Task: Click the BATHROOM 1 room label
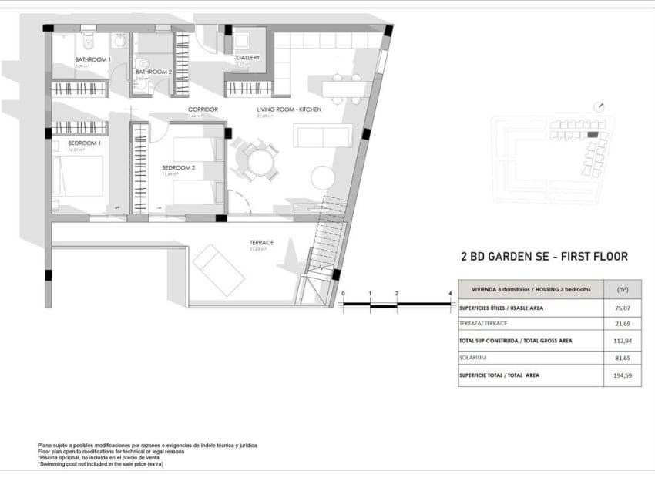[92, 59]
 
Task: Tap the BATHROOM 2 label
[153, 72]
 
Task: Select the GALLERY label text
[247, 58]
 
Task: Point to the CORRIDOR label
[203, 109]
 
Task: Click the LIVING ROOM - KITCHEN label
[288, 109]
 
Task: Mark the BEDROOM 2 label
[178, 167]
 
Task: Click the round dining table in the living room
[259, 162]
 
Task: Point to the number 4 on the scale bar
[449, 294]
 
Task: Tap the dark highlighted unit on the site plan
[593, 135]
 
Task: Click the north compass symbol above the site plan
[600, 107]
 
